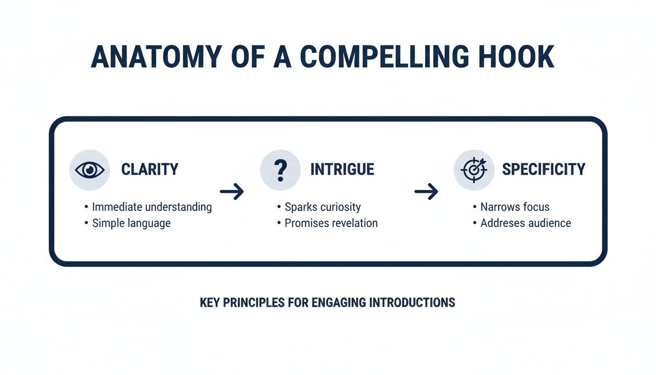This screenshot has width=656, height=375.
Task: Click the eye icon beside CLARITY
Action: (x=90, y=169)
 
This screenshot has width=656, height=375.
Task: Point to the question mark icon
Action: (x=280, y=169)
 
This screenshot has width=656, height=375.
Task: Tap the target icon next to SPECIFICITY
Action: (x=474, y=169)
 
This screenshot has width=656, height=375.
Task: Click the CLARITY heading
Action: (x=150, y=169)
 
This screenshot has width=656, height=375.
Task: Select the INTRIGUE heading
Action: (x=342, y=169)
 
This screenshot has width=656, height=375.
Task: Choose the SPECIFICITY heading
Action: (x=543, y=169)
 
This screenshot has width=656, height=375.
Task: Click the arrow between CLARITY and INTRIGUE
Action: (x=232, y=192)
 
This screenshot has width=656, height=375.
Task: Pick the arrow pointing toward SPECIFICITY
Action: (x=426, y=192)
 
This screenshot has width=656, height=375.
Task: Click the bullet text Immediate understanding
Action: (x=152, y=207)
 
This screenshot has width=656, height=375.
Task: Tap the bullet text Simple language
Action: (x=131, y=223)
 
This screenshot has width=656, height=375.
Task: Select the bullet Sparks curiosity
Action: (x=323, y=207)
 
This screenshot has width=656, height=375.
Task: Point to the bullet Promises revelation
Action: (x=331, y=223)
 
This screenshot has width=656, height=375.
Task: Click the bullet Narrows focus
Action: (x=514, y=207)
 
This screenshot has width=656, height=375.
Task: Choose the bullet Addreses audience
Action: (x=526, y=223)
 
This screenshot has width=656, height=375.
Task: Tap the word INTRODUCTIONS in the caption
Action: (x=412, y=303)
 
